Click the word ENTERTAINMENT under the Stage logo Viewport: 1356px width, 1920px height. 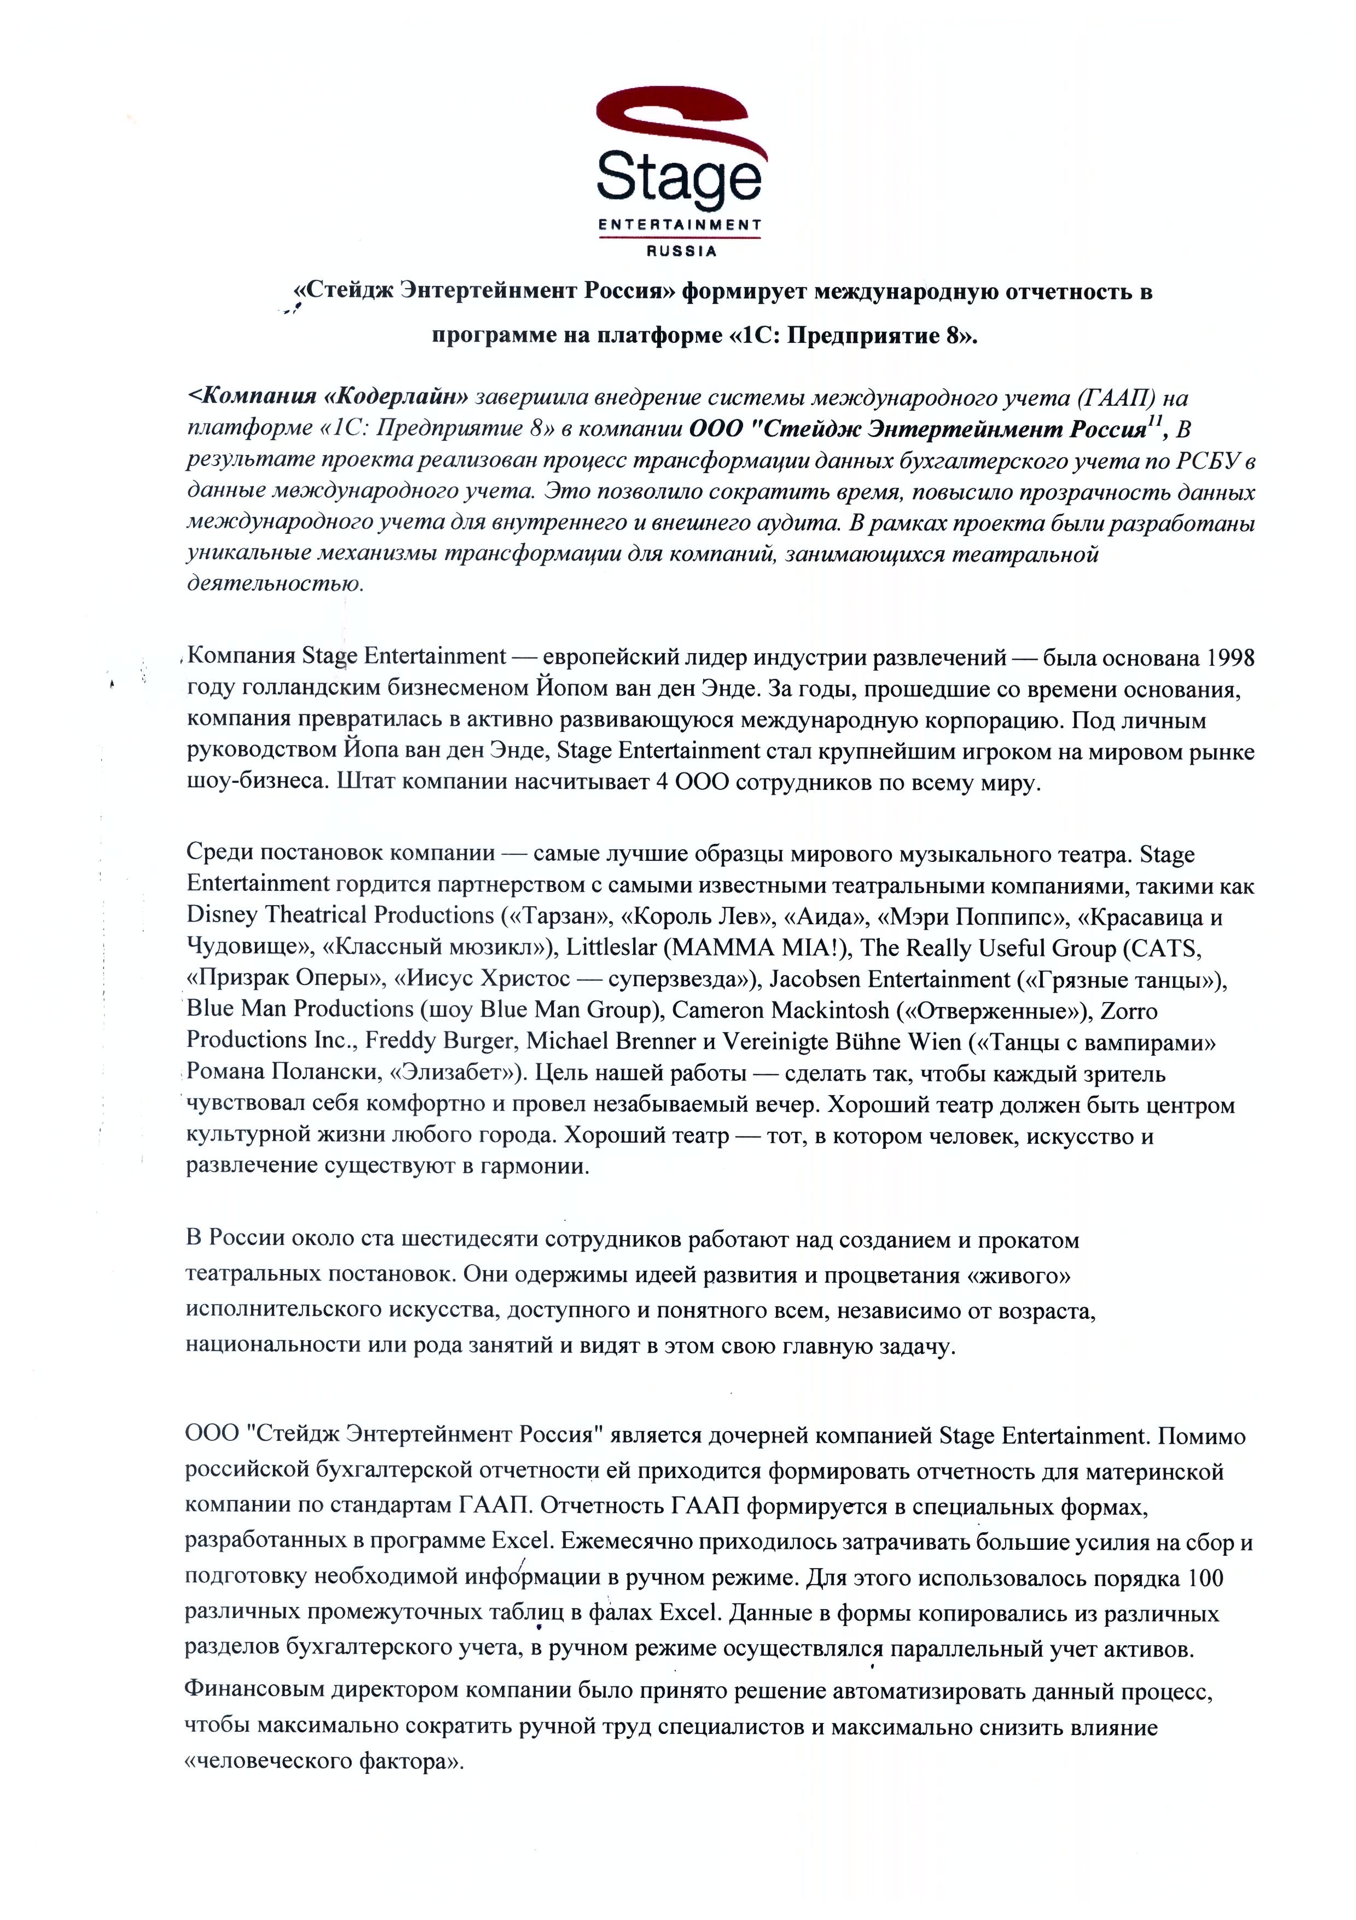pos(679,224)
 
